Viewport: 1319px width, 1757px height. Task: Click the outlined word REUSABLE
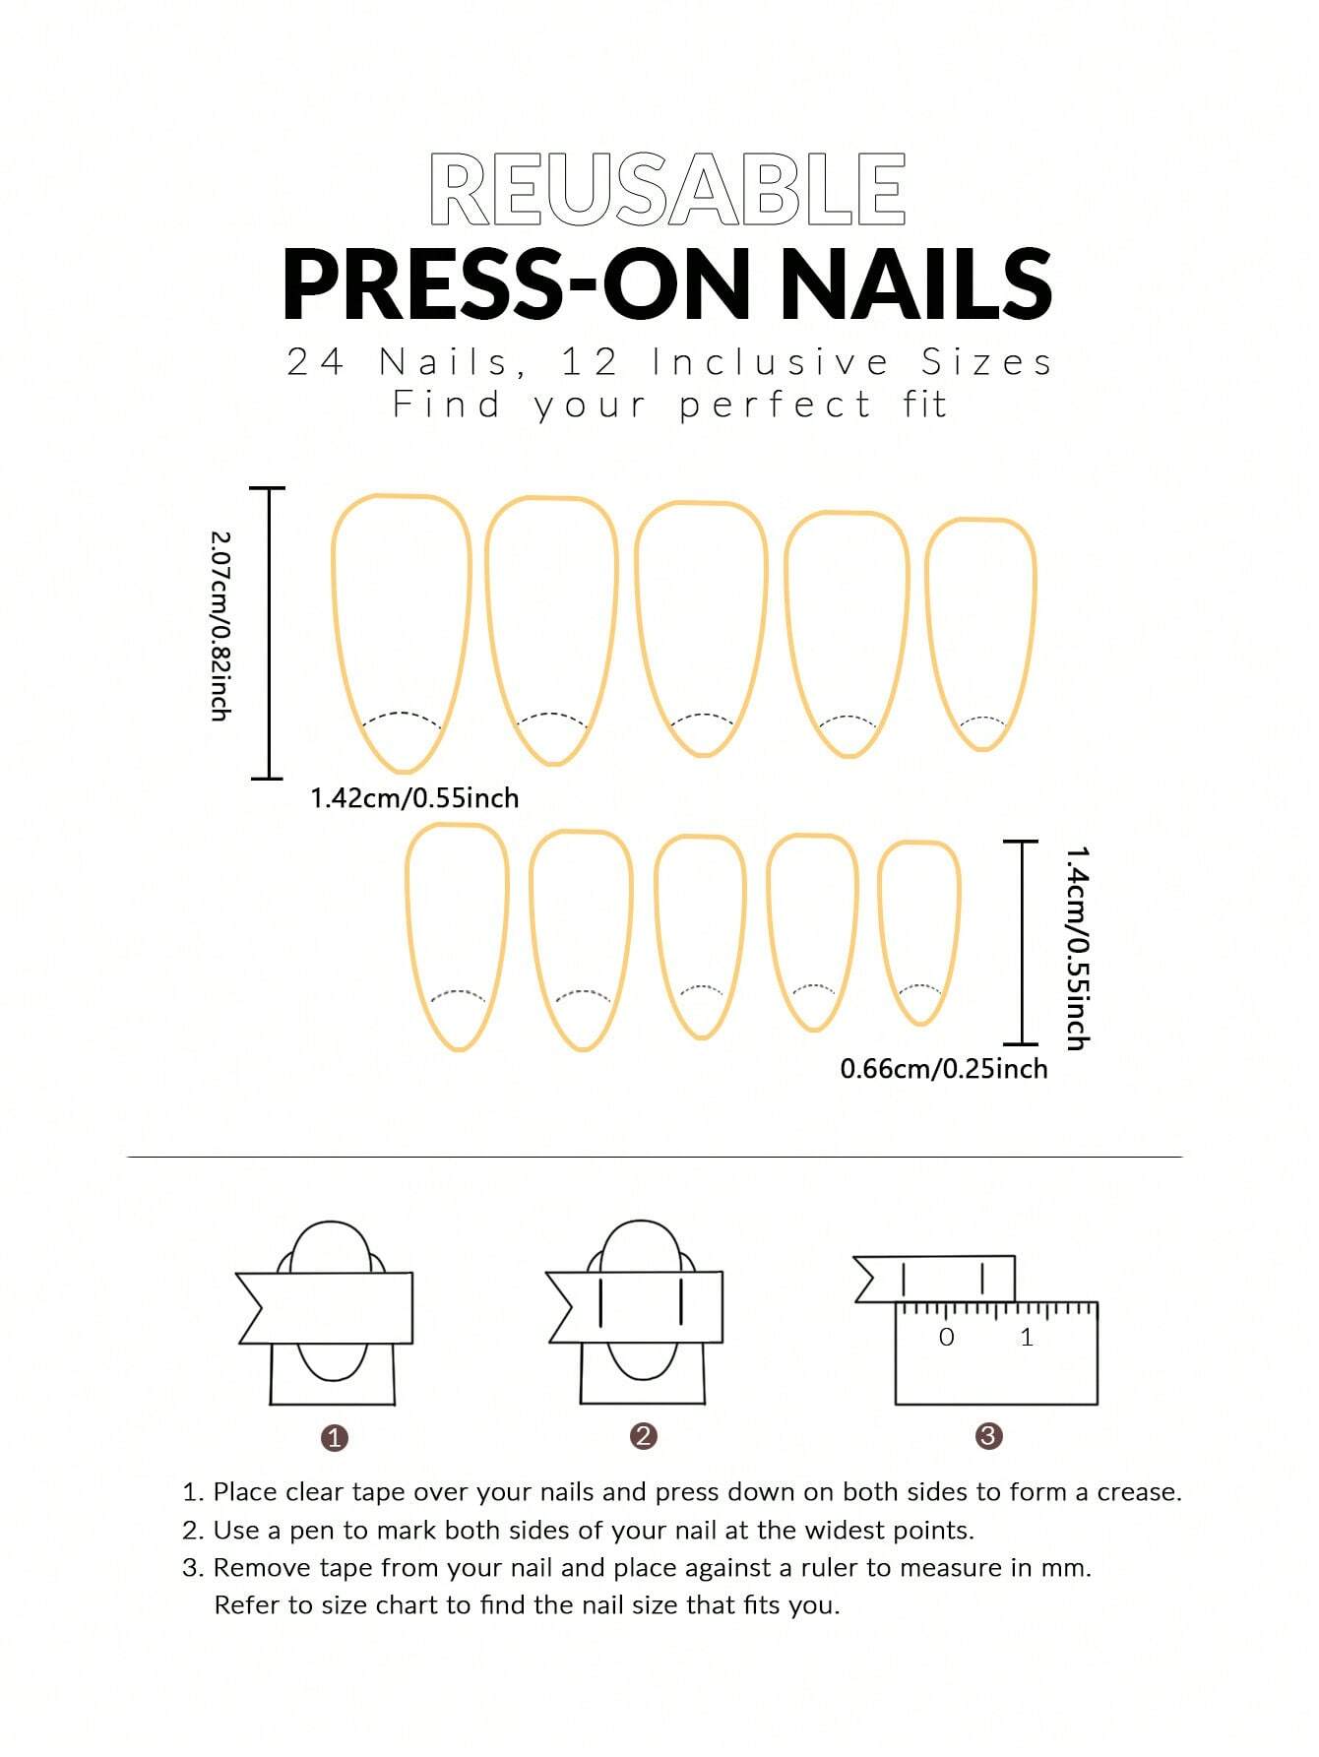point(667,190)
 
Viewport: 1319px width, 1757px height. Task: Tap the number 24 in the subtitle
point(315,362)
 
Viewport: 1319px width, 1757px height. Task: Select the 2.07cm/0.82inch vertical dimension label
point(220,627)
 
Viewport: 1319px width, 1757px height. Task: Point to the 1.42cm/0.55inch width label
point(414,798)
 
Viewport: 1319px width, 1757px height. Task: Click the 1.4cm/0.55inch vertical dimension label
point(1078,948)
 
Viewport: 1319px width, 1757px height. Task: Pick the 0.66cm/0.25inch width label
point(944,1069)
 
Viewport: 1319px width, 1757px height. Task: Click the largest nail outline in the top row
point(402,630)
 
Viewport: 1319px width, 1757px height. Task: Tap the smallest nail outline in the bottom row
point(918,931)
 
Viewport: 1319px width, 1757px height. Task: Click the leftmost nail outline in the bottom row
point(458,935)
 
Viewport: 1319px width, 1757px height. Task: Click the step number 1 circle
point(335,1438)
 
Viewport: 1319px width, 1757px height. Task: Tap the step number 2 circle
point(644,1436)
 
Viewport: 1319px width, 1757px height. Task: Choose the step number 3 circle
point(988,1436)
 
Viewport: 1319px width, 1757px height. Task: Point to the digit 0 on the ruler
point(947,1337)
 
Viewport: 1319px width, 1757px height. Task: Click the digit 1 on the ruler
point(1028,1337)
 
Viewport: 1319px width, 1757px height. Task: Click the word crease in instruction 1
point(1139,1492)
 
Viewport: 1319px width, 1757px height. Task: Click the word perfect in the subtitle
point(776,406)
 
